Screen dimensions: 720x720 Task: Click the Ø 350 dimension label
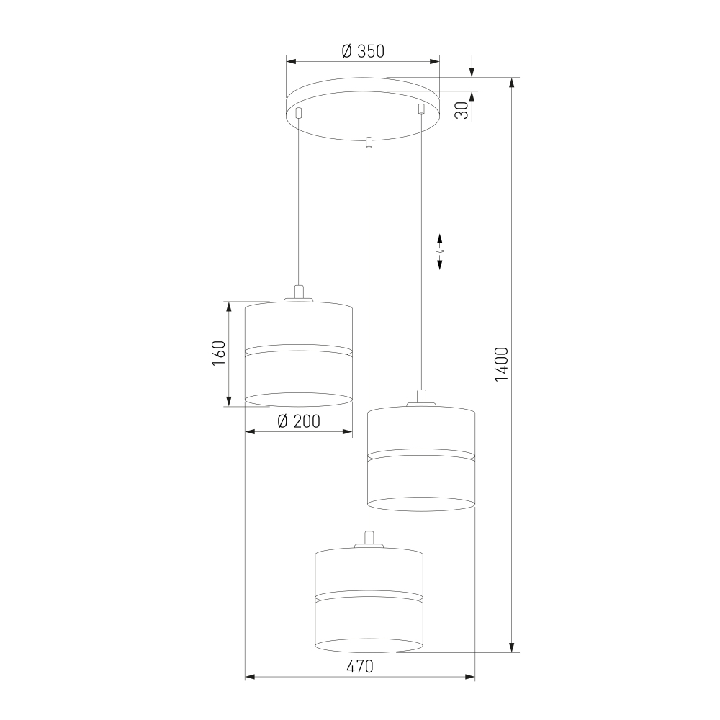(363, 51)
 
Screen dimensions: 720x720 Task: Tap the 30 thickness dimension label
(462, 109)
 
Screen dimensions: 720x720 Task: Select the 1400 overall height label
(501, 364)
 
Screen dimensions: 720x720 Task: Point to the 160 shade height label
(219, 353)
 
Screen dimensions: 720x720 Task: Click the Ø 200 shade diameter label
(299, 421)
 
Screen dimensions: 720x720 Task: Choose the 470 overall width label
(360, 666)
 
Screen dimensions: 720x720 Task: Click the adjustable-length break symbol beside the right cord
(439, 251)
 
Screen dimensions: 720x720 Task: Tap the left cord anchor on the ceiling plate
(299, 112)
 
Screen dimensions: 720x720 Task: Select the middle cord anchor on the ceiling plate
(367, 143)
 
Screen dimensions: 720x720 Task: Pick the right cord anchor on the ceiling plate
(421, 109)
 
